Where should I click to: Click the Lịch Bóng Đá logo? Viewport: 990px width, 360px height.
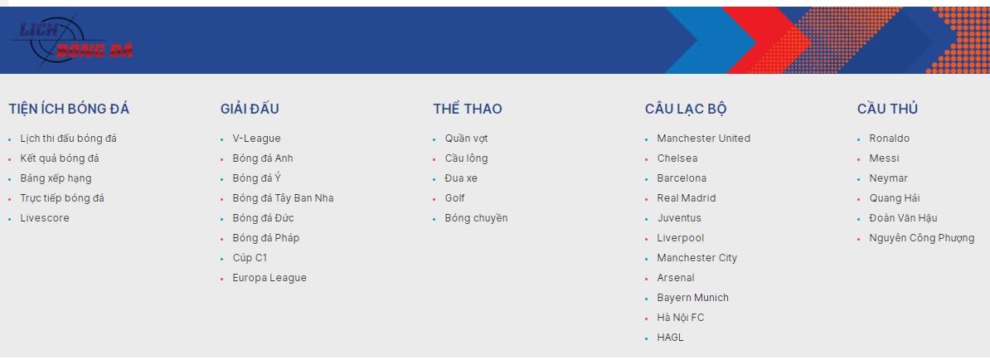pyautogui.click(x=71, y=41)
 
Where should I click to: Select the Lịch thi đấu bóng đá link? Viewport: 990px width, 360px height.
pyautogui.click(x=68, y=139)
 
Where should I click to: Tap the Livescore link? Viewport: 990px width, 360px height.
pyautogui.click(x=45, y=218)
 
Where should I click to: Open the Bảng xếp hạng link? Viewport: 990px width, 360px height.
pyautogui.click(x=56, y=178)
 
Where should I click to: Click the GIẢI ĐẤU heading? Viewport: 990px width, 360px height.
pyautogui.click(x=250, y=109)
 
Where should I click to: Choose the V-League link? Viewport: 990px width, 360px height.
pyautogui.click(x=256, y=139)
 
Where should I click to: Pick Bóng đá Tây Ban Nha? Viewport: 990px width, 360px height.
pyautogui.click(x=283, y=198)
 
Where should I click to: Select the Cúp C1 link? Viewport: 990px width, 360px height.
pyautogui.click(x=250, y=258)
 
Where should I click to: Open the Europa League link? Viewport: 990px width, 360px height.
pyautogui.click(x=269, y=278)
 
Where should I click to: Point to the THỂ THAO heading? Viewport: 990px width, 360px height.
pyautogui.click(x=467, y=109)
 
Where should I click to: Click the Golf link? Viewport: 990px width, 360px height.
pyautogui.click(x=454, y=198)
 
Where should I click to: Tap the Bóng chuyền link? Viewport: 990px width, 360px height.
pyautogui.click(x=476, y=218)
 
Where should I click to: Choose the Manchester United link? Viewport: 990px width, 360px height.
pyautogui.click(x=703, y=139)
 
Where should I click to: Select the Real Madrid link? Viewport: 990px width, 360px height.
pyautogui.click(x=687, y=198)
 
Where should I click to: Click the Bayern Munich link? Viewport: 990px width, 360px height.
pyautogui.click(x=692, y=298)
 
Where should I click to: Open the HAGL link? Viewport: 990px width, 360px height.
pyautogui.click(x=670, y=338)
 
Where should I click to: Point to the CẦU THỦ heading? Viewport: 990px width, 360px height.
pyautogui.click(x=887, y=109)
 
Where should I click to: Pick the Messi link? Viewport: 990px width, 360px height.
pyautogui.click(x=884, y=158)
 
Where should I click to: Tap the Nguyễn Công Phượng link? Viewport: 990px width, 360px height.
pyautogui.click(x=922, y=238)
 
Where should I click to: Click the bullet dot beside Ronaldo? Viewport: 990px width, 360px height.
pyautogui.click(x=859, y=139)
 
